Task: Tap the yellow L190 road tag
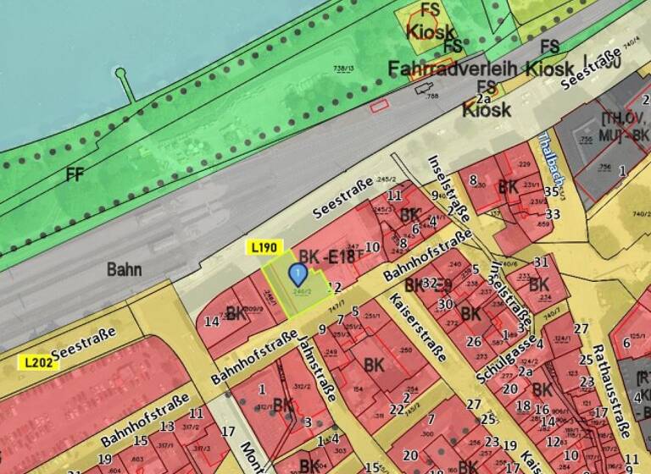tap(264, 247)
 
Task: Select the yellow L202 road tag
tap(36, 361)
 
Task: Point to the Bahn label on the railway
tap(124, 270)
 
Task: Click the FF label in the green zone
tap(74, 175)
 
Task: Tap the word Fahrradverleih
tap(452, 68)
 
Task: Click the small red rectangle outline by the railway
tap(379, 104)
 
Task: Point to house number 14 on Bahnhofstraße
tap(212, 321)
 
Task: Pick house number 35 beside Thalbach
tap(552, 192)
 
